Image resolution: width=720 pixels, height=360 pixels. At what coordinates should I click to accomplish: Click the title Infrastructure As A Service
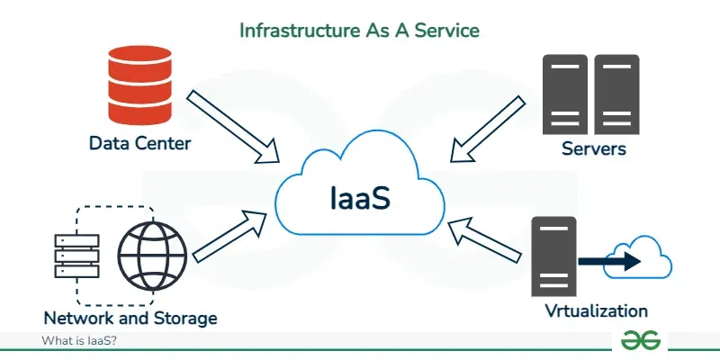(359, 30)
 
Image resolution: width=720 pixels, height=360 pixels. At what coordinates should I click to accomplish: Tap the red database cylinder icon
(139, 86)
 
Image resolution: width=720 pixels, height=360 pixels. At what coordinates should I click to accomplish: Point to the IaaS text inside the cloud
(358, 196)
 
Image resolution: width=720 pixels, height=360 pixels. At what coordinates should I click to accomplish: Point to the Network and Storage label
(130, 318)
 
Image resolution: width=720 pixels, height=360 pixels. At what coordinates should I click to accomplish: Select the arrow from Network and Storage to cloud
(230, 237)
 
